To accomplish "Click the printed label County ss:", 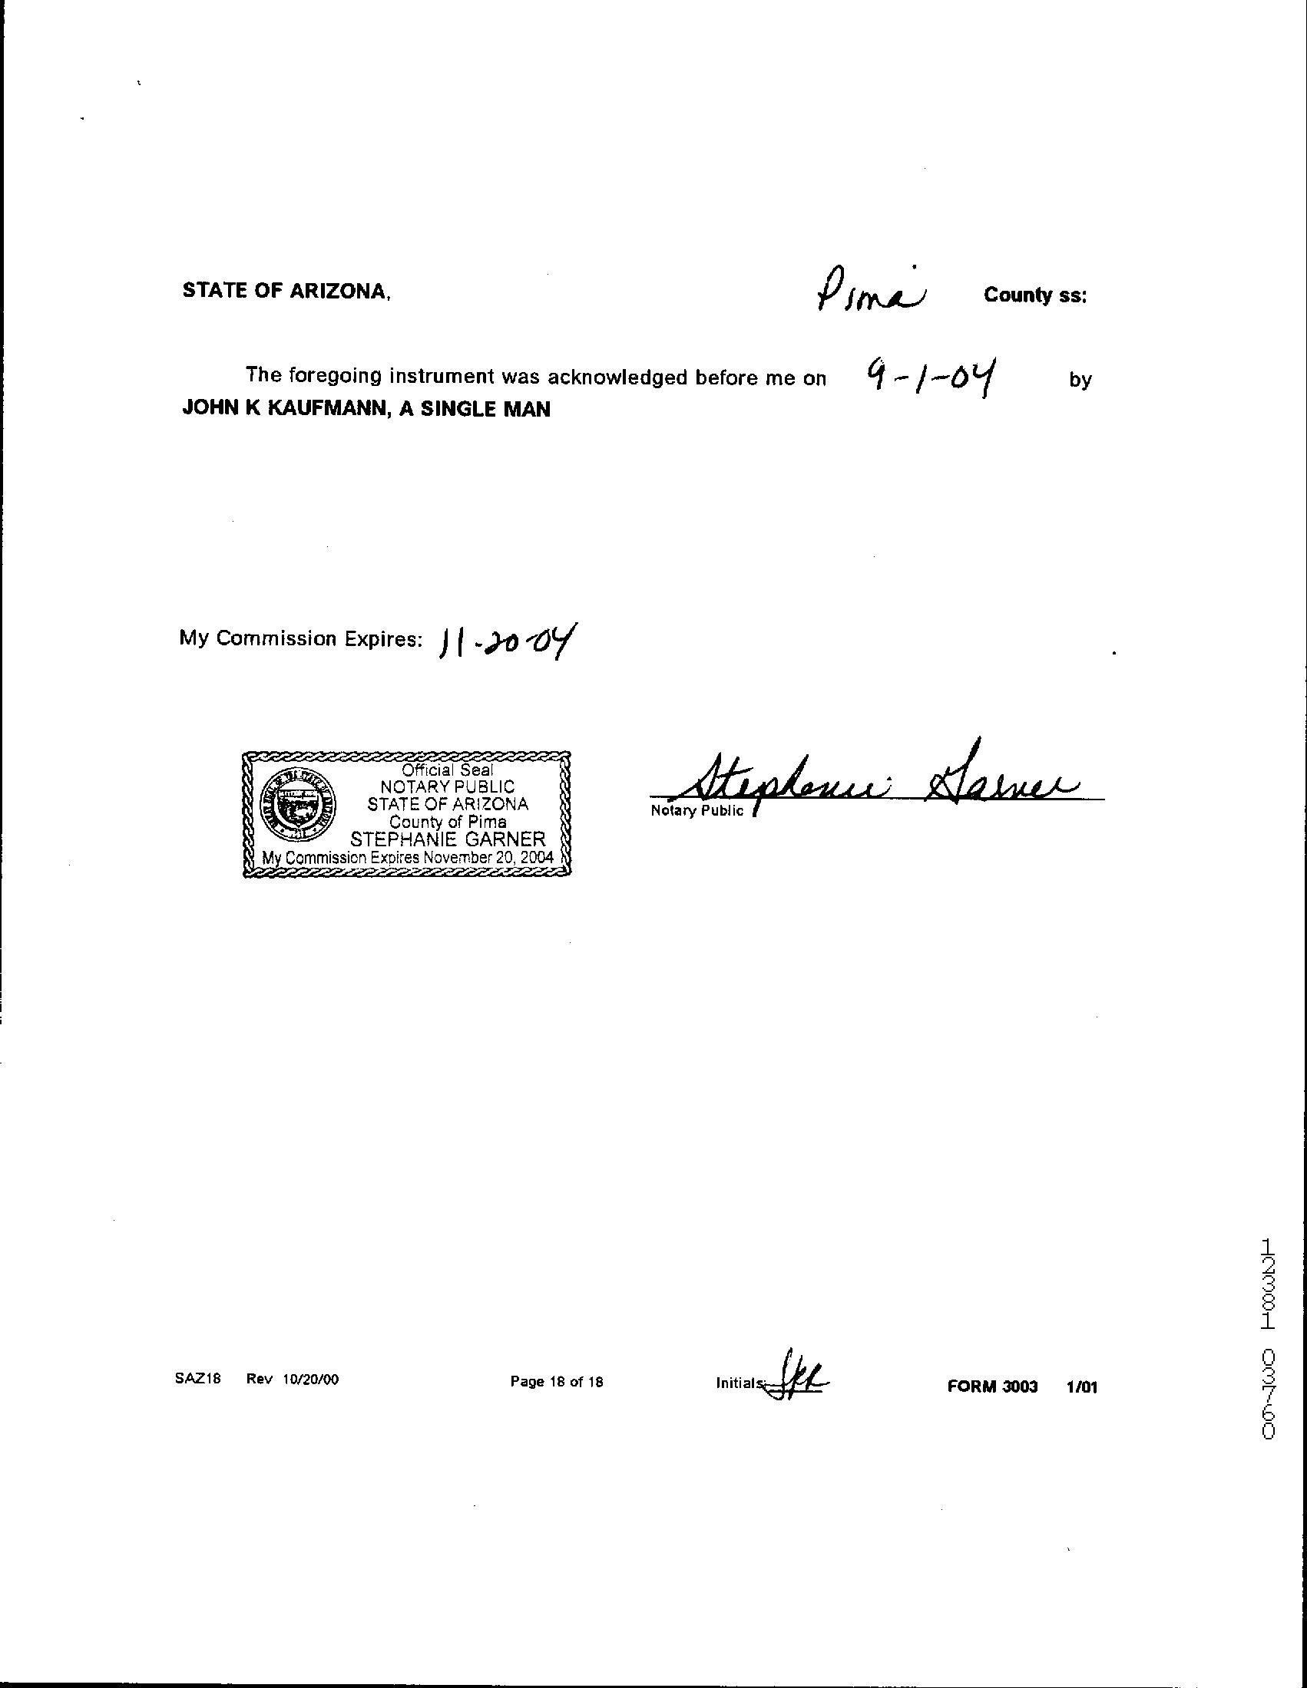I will pos(1035,295).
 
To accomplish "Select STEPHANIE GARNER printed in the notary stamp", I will pos(448,839).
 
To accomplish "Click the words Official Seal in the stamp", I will pos(447,770).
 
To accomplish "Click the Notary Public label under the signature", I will pos(697,811).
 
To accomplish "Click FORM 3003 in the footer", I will pos(992,1386).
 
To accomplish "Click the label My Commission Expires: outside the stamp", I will pos(301,638).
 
